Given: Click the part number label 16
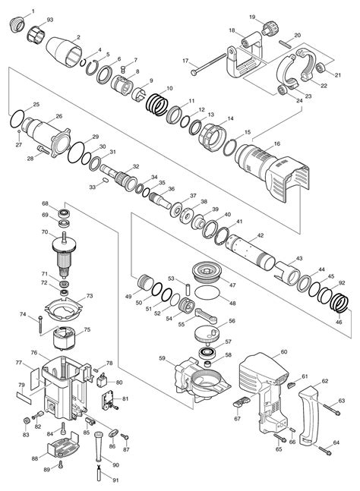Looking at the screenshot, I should tap(276, 143).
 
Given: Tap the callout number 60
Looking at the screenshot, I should tap(283, 351).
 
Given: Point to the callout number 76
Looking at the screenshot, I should tap(34, 352).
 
